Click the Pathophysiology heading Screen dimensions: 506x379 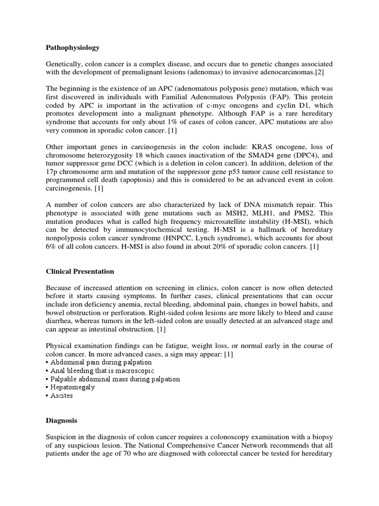tap(73, 47)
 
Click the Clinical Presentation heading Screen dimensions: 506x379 tap(79, 271)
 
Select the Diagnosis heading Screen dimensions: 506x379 tap(61, 421)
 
